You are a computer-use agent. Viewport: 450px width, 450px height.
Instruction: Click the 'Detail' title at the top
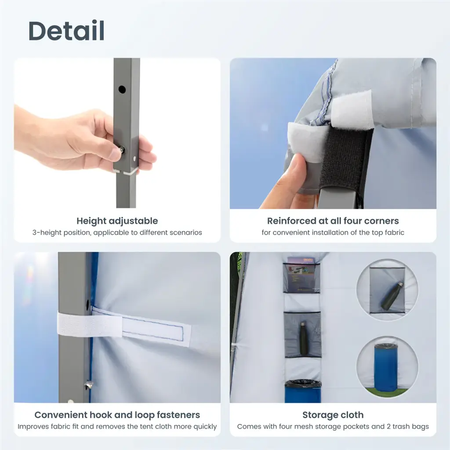[66, 31]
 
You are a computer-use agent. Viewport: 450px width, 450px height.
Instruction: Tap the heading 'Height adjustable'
[117, 221]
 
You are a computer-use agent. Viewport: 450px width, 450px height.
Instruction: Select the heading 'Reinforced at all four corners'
[333, 221]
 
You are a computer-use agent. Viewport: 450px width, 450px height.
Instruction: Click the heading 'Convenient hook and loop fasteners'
[117, 415]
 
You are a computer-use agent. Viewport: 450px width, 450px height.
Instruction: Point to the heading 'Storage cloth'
[333, 415]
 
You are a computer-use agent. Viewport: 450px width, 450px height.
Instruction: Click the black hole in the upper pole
[122, 90]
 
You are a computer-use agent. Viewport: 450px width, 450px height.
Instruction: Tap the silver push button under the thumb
[122, 149]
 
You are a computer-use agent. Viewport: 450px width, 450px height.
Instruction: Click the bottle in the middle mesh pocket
[302, 336]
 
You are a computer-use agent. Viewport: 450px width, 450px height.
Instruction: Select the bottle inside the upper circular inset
[392, 296]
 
